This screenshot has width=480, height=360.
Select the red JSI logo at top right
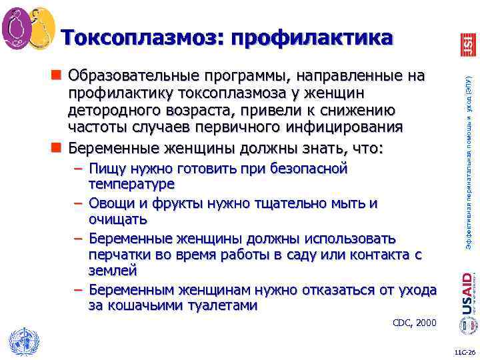(x=468, y=43)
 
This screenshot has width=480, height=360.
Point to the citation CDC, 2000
(x=415, y=323)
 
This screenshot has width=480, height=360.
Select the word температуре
(x=131, y=183)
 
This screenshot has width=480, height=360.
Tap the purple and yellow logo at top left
(x=29, y=29)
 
